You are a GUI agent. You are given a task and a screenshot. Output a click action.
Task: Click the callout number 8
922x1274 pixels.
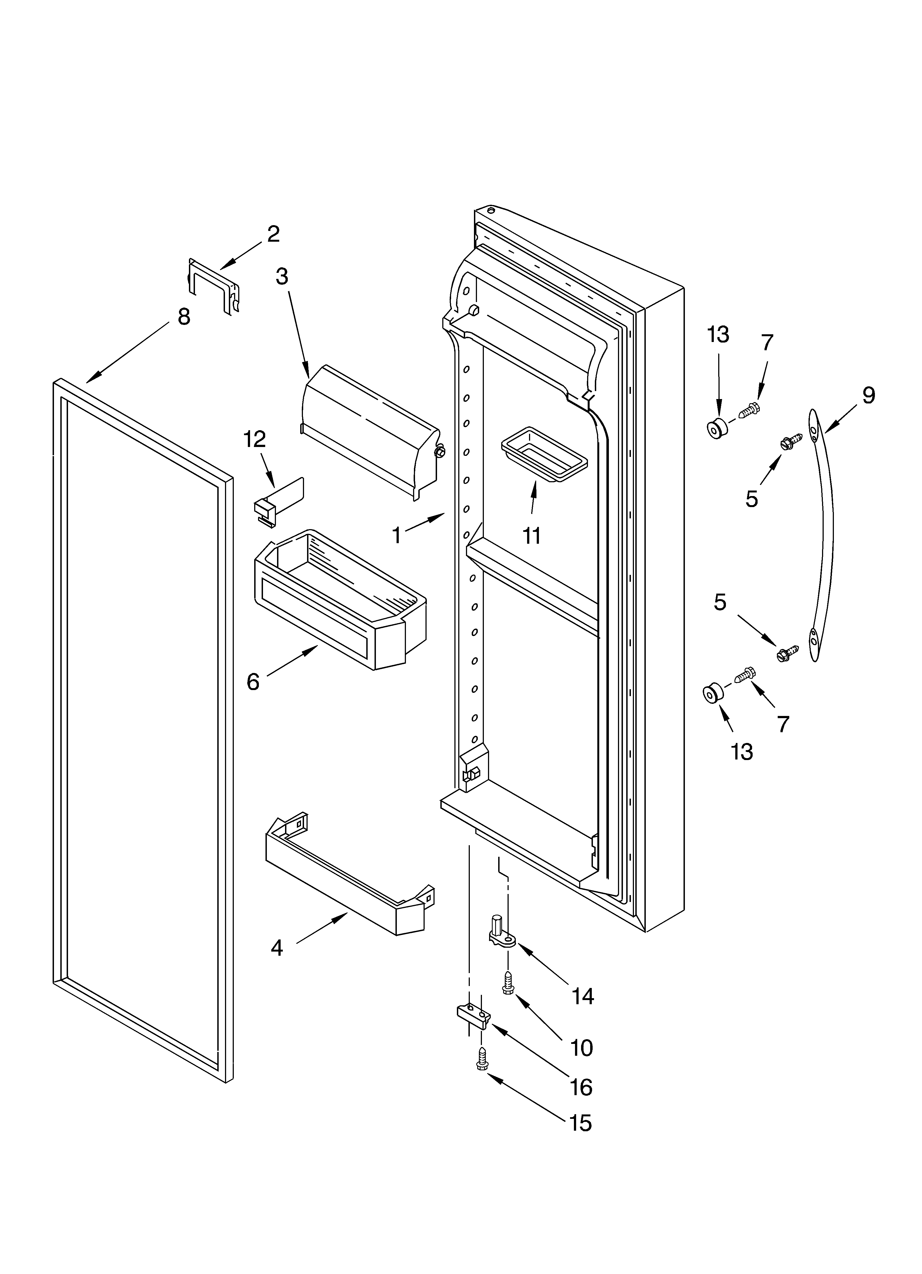(x=184, y=317)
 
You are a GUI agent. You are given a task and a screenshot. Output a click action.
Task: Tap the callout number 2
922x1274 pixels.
(x=273, y=234)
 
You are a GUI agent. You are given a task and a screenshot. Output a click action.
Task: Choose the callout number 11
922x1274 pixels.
(x=531, y=536)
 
